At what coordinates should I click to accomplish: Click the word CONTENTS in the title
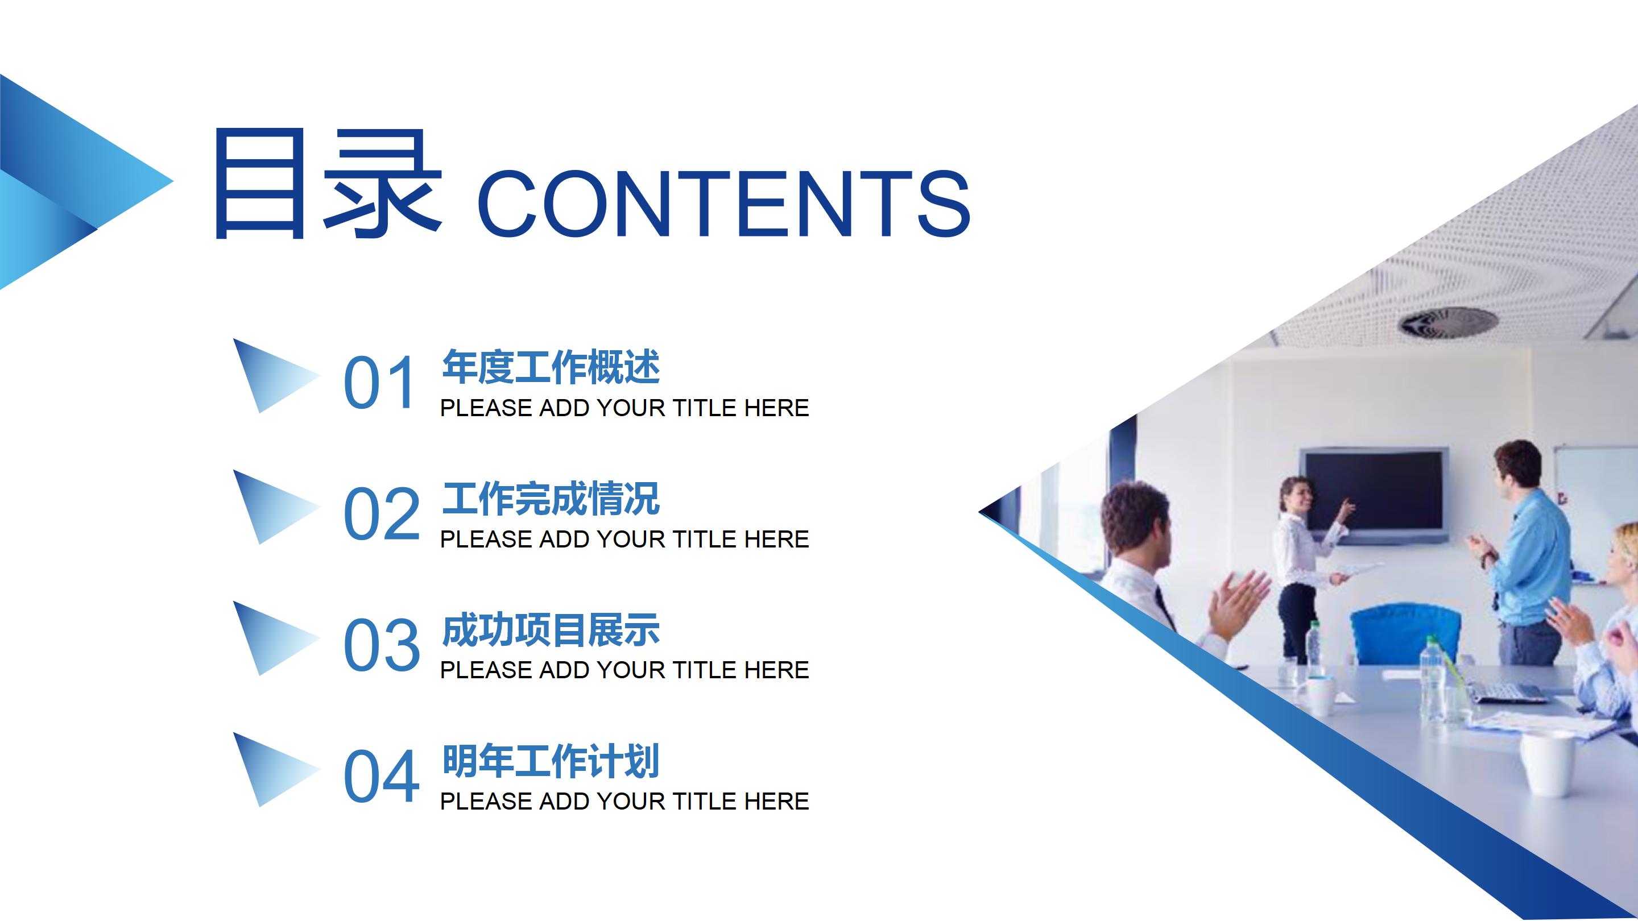point(723,204)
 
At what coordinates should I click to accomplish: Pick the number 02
point(382,513)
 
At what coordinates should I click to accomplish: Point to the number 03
point(382,645)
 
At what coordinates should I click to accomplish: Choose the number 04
point(382,776)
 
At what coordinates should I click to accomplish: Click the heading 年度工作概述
point(551,367)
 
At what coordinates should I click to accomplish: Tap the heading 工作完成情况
point(551,499)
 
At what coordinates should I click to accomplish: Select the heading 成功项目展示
point(551,630)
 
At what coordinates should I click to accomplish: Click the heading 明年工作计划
point(551,761)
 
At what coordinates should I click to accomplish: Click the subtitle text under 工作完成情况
point(624,540)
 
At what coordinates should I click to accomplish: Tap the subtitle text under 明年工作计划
point(624,802)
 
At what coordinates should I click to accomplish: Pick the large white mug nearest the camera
point(1546,764)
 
